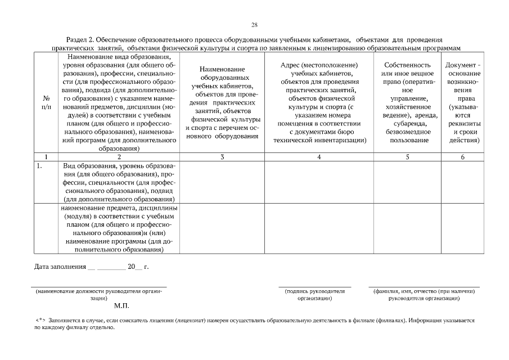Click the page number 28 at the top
point(254,25)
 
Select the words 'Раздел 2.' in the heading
point(81,40)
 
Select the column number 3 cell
point(222,157)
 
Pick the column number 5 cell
point(407,157)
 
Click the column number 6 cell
point(462,157)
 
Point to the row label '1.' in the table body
point(39,166)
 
